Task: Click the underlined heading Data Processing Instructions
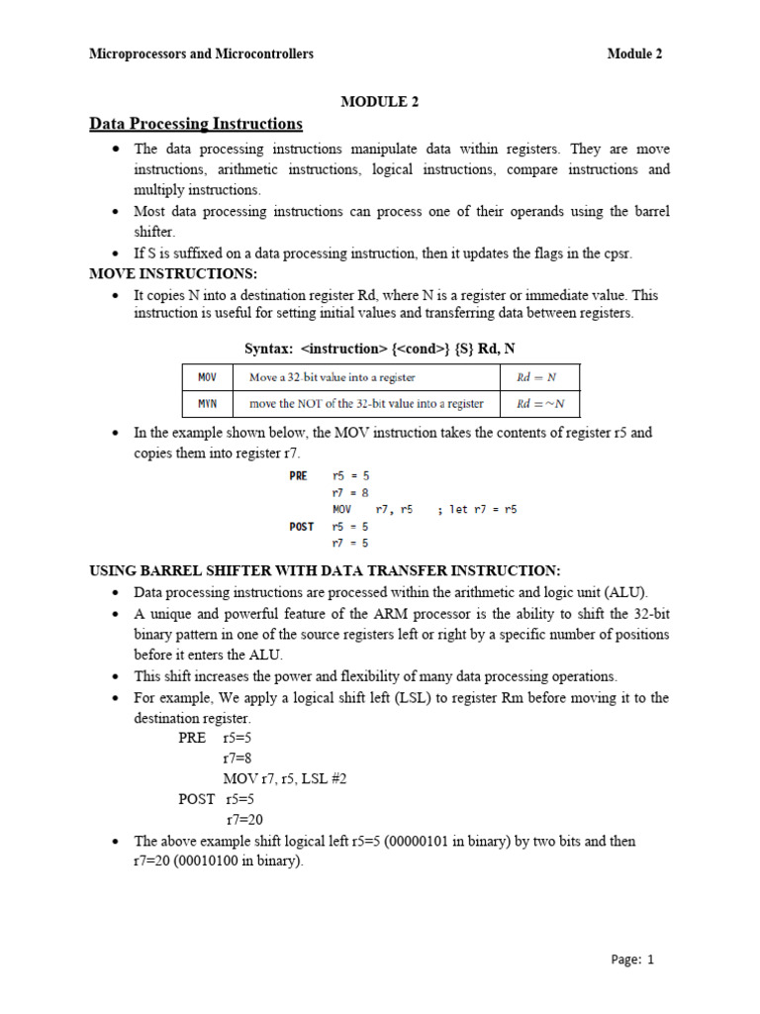pos(196,124)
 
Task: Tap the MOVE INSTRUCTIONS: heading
pos(173,273)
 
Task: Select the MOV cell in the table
pos(207,377)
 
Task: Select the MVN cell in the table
pos(207,403)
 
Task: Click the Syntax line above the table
pos(380,349)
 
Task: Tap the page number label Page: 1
pos(632,959)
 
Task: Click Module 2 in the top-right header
pos(634,54)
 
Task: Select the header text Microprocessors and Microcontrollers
pos(201,54)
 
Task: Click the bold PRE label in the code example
pos(299,475)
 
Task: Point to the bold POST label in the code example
pos(302,526)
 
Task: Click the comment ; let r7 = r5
pos(477,509)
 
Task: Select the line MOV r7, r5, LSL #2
pos(285,778)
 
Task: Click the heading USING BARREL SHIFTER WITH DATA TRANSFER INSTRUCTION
pos(325,570)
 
